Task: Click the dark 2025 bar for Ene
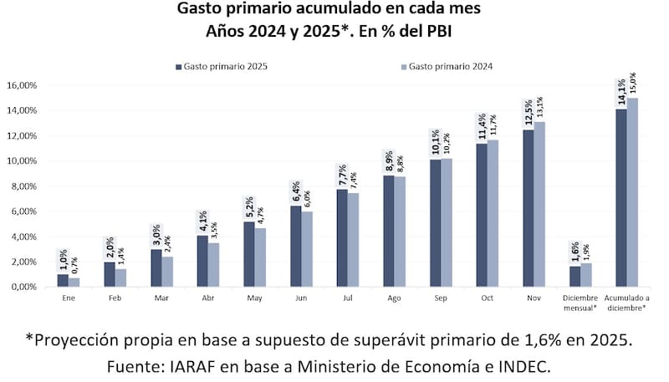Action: pyautogui.click(x=63, y=280)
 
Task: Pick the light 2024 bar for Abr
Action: pyautogui.click(x=214, y=264)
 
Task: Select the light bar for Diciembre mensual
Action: pyautogui.click(x=585, y=275)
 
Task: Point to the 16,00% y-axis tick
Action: pyautogui.click(x=21, y=85)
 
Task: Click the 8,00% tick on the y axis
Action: pyautogui.click(x=23, y=186)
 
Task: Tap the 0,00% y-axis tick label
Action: pyautogui.click(x=23, y=287)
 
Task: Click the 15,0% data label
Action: pyautogui.click(x=632, y=84)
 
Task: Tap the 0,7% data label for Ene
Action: pyautogui.click(x=74, y=266)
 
